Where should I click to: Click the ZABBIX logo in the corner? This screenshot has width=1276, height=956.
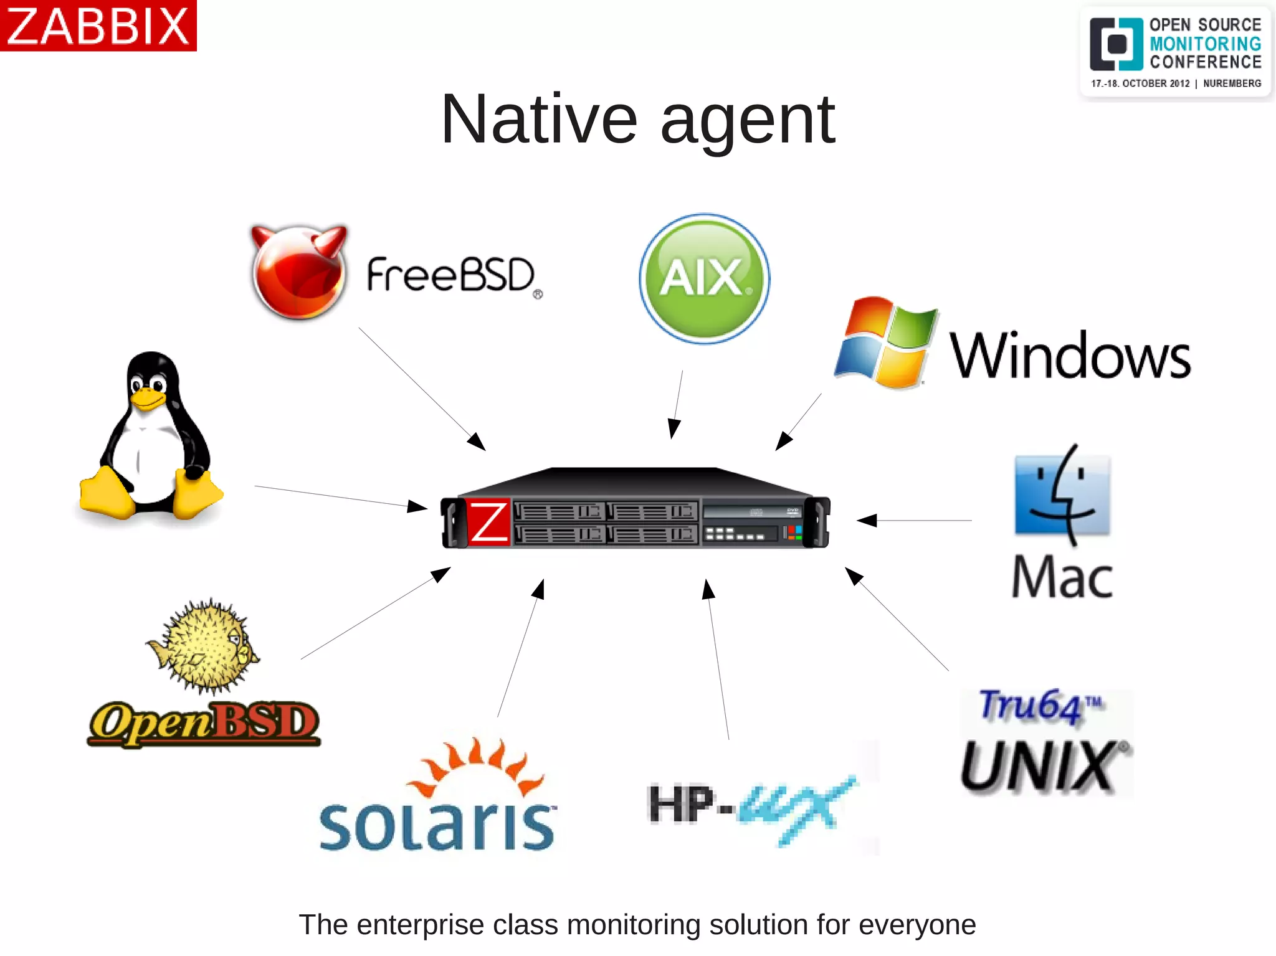pos(98,26)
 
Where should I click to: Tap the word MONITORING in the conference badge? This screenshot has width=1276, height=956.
pos(1205,44)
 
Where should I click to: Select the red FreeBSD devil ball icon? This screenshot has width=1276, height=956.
pos(298,273)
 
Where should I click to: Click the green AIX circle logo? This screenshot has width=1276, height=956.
pos(704,278)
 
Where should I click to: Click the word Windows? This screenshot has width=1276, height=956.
pos(1069,356)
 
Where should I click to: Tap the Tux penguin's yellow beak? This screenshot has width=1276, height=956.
pos(147,399)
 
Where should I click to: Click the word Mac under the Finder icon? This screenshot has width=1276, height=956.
pos(1062,578)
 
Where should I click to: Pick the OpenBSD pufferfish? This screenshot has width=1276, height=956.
pos(203,646)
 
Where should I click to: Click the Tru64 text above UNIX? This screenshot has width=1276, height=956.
pos(1031,706)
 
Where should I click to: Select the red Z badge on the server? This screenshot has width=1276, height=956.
pos(488,522)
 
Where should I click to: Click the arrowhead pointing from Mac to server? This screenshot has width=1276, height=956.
pos(867,520)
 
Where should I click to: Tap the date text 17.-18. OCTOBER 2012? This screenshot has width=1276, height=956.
pos(1140,83)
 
